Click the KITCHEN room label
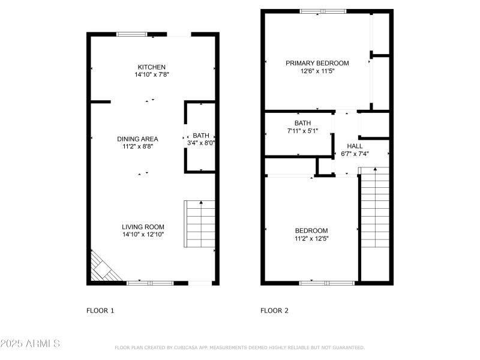[x=151, y=67]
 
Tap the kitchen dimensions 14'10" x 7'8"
[x=151, y=75]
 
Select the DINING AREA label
[x=137, y=139]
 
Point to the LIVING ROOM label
[x=143, y=227]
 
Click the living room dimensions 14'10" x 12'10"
[x=143, y=235]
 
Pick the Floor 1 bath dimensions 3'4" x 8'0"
[x=201, y=143]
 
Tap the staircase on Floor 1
[x=199, y=224]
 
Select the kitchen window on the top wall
[x=127, y=34]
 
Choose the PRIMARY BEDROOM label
[x=317, y=62]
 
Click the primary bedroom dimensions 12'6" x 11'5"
[x=317, y=71]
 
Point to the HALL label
[x=355, y=146]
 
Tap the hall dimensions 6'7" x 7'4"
[x=355, y=154]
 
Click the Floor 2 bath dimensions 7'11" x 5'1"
[x=302, y=131]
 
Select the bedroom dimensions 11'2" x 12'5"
[x=311, y=238]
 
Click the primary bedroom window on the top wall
[x=323, y=11]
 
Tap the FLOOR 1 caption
[x=100, y=311]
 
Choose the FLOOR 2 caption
[x=274, y=311]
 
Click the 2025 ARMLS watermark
[x=30, y=344]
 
